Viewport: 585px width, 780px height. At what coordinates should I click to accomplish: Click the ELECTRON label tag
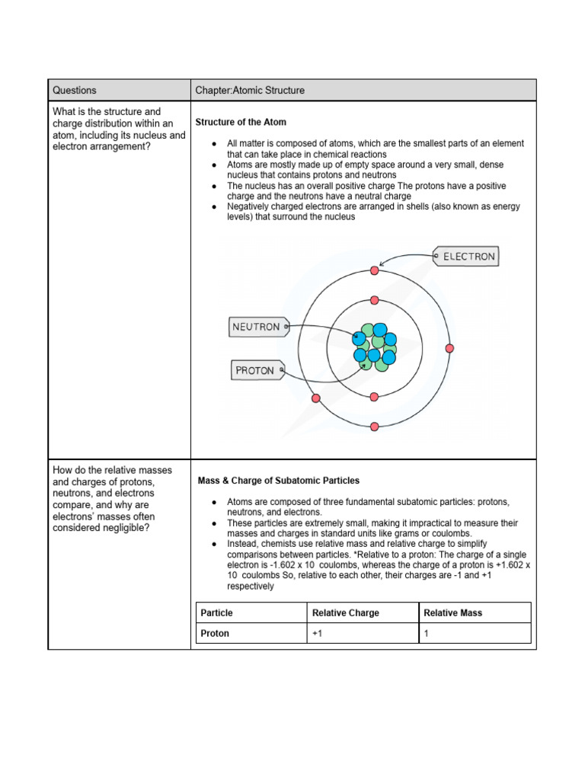(x=466, y=257)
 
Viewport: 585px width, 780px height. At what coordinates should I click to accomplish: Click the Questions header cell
(x=75, y=90)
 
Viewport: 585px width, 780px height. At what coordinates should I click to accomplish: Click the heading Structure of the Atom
(x=241, y=122)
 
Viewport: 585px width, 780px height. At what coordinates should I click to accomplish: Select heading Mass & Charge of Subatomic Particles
(x=279, y=481)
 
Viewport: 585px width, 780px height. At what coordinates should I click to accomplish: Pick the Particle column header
(x=217, y=612)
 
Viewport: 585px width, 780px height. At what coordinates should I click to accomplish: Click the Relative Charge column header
(x=345, y=612)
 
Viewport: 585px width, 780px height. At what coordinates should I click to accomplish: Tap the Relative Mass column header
(x=452, y=612)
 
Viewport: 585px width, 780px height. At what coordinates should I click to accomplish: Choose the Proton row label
(x=215, y=633)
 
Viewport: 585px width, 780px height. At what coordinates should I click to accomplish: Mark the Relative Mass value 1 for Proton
(x=427, y=633)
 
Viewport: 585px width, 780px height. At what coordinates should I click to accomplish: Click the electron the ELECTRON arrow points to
(x=374, y=270)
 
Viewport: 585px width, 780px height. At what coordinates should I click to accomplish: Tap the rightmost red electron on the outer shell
(x=449, y=348)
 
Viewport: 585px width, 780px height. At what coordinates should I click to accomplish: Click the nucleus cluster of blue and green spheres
(x=374, y=348)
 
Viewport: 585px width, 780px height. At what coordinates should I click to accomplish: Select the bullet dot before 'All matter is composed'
(x=216, y=144)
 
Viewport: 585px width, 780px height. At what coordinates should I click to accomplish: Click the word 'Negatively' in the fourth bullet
(x=249, y=206)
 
